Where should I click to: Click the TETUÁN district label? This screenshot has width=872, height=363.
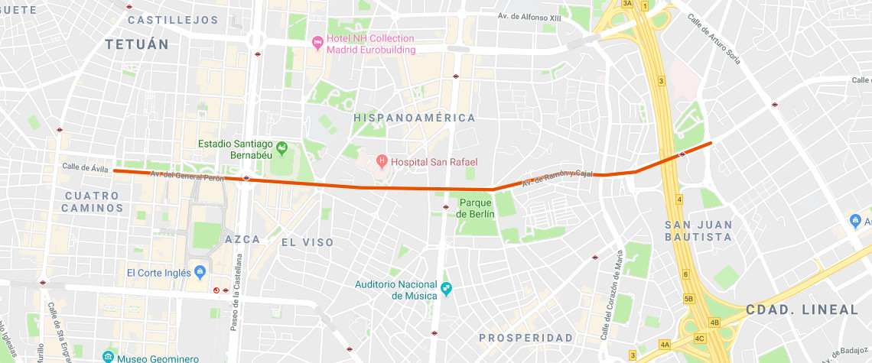click(136, 44)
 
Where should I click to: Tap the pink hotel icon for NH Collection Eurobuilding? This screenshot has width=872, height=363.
click(318, 44)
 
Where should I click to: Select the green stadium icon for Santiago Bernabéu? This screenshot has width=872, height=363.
click(281, 147)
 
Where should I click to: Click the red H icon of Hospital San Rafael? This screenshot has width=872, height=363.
click(382, 161)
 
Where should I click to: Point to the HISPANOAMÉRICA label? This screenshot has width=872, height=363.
click(414, 118)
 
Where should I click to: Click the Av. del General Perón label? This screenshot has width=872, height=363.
click(187, 176)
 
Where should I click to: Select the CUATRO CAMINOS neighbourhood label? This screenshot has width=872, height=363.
click(92, 201)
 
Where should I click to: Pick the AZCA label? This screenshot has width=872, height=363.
click(242, 239)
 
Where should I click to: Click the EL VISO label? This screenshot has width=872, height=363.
click(307, 242)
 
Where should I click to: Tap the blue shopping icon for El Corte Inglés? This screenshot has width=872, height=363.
click(200, 271)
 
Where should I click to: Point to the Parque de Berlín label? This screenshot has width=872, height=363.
click(475, 208)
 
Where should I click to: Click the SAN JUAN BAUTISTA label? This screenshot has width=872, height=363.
click(698, 231)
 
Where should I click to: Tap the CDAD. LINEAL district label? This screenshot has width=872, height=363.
click(802, 310)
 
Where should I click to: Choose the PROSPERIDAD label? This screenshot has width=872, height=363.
click(525, 338)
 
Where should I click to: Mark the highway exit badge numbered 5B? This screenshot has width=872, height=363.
click(689, 299)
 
